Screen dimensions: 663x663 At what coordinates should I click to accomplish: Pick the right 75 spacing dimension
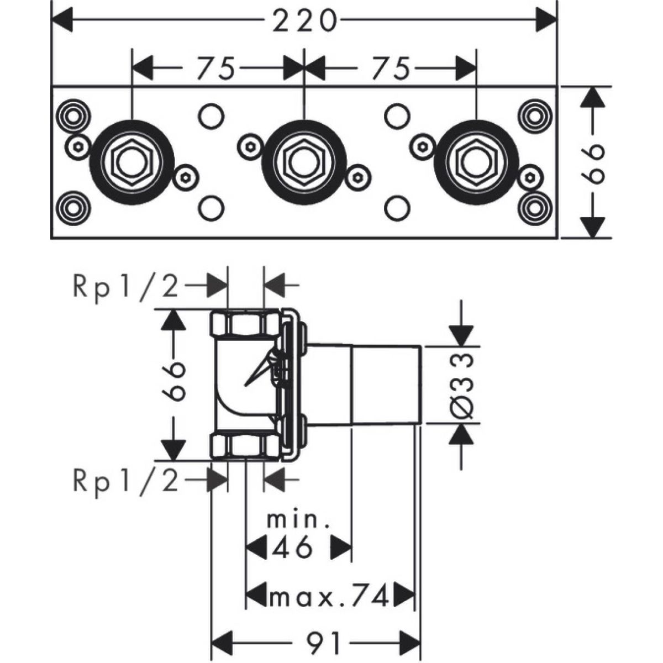pyautogui.click(x=391, y=68)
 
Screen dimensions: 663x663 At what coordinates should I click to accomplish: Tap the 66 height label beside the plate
pyautogui.click(x=593, y=162)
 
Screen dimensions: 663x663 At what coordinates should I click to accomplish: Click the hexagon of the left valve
pyautogui.click(x=132, y=162)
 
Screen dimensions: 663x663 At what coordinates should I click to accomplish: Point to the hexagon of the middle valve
pyautogui.click(x=304, y=162)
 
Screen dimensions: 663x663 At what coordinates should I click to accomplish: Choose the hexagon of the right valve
pyautogui.click(x=476, y=162)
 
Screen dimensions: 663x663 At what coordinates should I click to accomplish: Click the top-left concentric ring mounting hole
pyautogui.click(x=72, y=116)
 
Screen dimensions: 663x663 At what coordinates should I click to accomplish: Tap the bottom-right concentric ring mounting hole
pyautogui.click(x=535, y=208)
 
